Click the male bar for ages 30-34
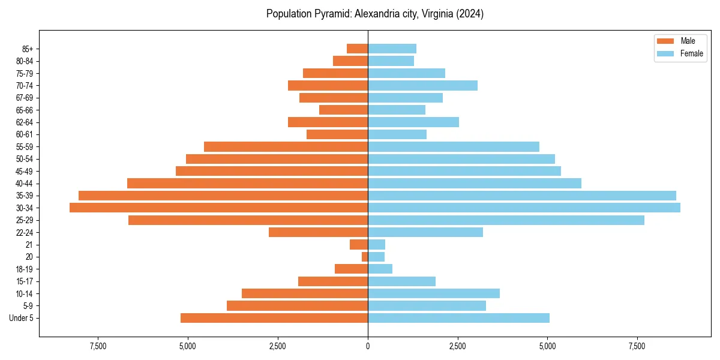pos(218,208)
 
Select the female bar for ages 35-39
pos(522,196)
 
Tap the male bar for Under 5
pos(274,318)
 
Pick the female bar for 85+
pos(392,49)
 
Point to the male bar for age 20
pos(365,257)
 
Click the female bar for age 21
pos(376,245)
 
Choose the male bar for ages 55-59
pos(286,146)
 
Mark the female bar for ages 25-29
pos(506,220)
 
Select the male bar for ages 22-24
pos(318,232)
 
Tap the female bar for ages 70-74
pos(422,85)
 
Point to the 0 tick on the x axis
pos(368,346)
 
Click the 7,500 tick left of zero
pos(98,346)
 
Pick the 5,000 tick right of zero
pos(547,346)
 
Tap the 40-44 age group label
pos(25,184)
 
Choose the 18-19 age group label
pos(25,269)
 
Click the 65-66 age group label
pos(25,110)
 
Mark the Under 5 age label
pos(22,318)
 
